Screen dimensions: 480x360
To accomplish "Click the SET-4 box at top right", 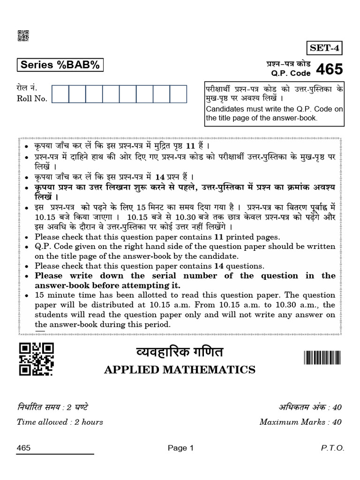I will [x=324, y=48].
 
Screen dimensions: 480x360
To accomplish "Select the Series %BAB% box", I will [x=60, y=65].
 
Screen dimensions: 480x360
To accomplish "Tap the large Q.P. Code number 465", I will [x=329, y=70].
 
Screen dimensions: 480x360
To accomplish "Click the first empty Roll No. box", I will [x=60, y=94].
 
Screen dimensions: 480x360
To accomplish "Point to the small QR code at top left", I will [x=23, y=36].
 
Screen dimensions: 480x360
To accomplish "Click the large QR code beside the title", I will [x=36, y=359].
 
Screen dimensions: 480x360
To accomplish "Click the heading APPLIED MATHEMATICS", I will [x=180, y=370].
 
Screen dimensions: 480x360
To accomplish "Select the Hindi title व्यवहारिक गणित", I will [x=180, y=352].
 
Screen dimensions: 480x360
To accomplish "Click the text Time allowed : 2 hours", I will [x=60, y=422].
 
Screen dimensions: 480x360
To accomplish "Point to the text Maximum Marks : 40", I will [x=300, y=422].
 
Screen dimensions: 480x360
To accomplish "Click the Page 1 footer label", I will [x=180, y=448].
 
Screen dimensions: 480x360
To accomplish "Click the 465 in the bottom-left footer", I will [x=23, y=448].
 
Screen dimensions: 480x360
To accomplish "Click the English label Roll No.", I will [x=32, y=98].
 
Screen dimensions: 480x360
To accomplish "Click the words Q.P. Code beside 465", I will [x=291, y=74].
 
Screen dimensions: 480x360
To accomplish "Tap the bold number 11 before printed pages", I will [x=219, y=237].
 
